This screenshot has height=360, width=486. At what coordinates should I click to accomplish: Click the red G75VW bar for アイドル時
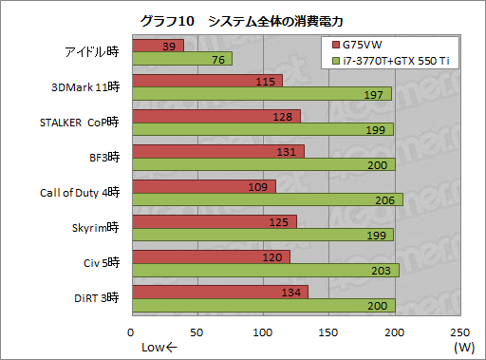[158, 46]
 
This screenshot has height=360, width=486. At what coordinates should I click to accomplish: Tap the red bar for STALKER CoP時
[216, 116]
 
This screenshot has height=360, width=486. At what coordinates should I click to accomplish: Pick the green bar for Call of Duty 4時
[267, 199]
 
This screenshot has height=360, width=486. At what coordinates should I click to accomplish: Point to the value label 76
[216, 60]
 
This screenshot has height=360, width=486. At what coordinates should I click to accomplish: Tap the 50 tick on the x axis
[197, 332]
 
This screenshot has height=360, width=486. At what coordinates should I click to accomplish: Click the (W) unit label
[463, 347]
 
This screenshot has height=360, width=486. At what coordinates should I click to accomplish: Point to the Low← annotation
[159, 347]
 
